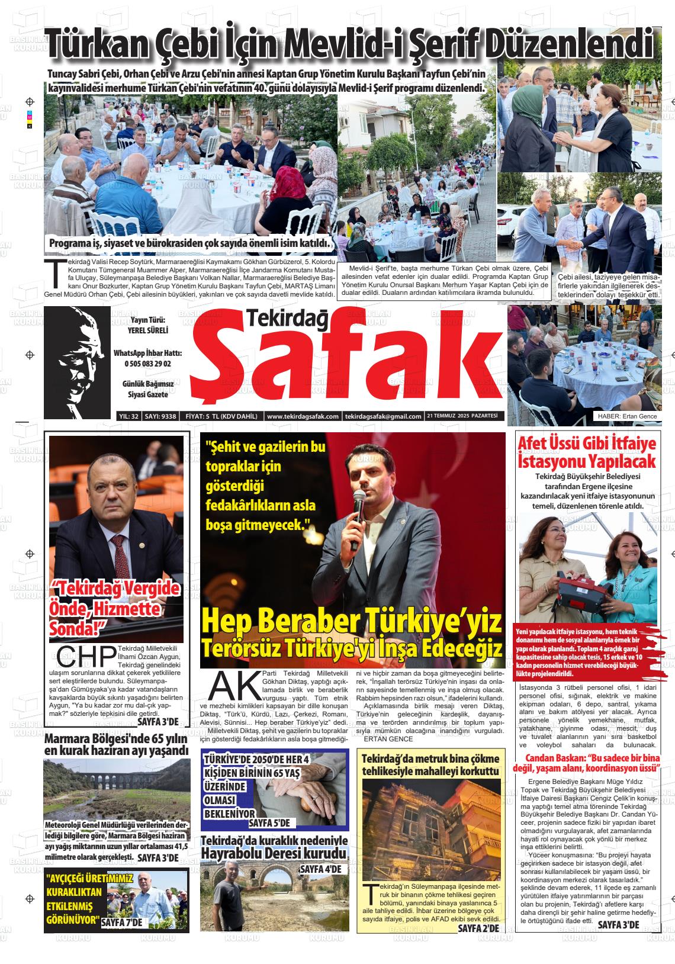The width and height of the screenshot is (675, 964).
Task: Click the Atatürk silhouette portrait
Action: coord(77,362)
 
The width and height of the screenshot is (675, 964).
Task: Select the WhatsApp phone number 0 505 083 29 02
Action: coord(147,364)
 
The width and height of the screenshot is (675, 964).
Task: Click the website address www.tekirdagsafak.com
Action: coord(303,416)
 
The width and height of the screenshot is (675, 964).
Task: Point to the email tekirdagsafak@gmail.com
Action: coord(383,416)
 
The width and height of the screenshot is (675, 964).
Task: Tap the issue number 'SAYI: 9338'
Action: coord(161,416)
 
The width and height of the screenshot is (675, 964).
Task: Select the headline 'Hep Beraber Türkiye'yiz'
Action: coord(353,622)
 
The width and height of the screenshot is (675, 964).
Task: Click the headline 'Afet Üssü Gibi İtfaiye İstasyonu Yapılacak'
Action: coord(587,451)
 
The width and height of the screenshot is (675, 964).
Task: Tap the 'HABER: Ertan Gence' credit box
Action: coord(627,416)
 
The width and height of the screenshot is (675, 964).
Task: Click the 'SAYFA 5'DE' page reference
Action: coord(269,822)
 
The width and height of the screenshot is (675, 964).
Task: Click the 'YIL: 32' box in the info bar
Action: coord(128,416)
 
